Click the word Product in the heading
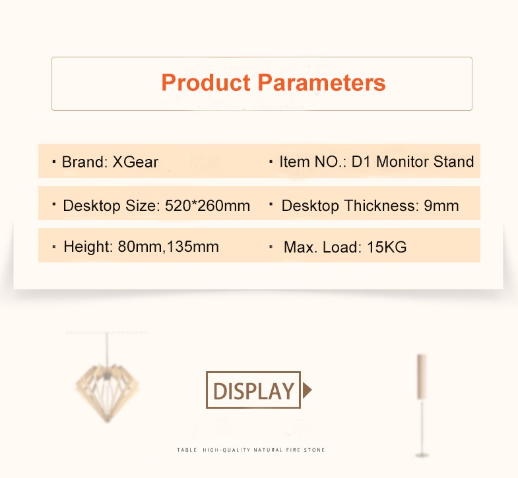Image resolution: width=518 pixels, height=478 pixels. pos(206,82)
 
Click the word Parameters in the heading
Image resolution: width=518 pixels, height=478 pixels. pos(321,82)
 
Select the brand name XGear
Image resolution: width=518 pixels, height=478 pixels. pos(135,162)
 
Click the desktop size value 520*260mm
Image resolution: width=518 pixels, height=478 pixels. pos(207,206)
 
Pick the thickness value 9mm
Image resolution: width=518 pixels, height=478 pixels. pos(441,206)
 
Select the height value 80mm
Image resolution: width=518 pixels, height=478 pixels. pos(140,247)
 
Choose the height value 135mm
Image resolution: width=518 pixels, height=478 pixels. pos(193,247)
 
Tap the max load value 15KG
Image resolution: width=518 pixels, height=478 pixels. pos(387,247)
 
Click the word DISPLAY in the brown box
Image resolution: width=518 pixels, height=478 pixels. pos(253,391)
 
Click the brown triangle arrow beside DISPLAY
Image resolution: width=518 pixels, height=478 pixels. pos(308,390)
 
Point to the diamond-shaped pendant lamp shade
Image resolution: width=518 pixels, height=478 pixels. pos(107,391)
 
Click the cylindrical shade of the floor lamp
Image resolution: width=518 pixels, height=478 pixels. pos(422,377)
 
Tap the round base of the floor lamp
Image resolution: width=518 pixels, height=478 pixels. pos(422,455)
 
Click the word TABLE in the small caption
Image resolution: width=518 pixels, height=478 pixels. pos(187,450)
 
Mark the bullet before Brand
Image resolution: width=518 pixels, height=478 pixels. pos(54,162)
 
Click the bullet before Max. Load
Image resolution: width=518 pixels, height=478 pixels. pos(271,247)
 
